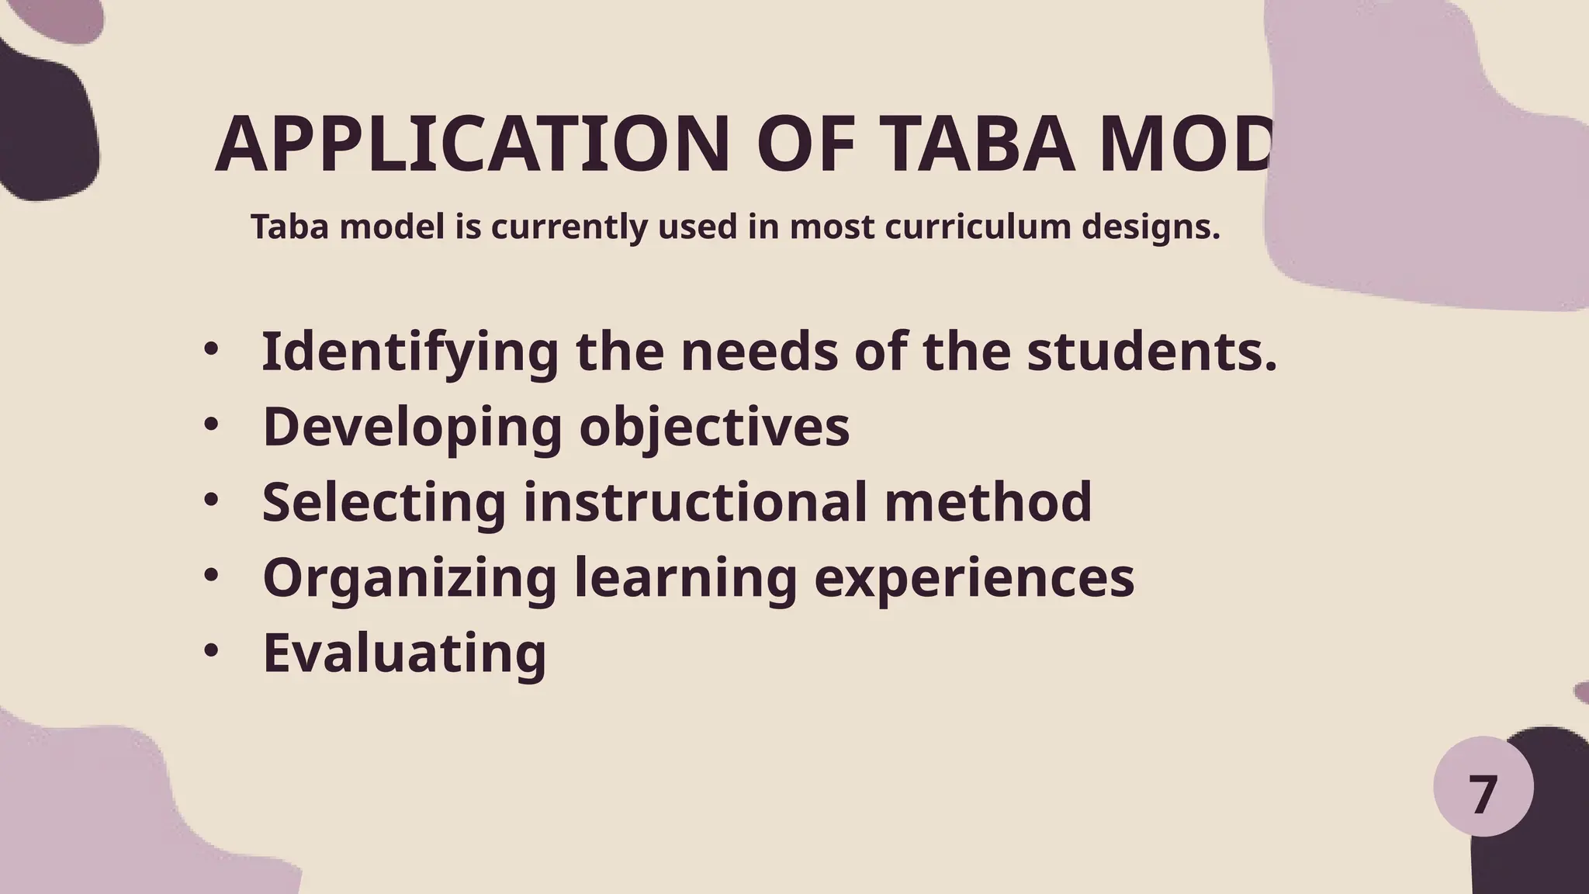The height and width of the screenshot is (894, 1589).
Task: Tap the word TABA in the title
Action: coord(979,145)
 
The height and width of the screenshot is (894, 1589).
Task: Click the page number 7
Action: coord(1483,796)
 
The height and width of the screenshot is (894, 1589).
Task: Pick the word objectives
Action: coord(715,428)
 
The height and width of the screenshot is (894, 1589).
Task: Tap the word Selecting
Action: coord(384,502)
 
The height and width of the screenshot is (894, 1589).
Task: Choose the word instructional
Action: coord(695,502)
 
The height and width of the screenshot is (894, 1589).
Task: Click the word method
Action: coord(988,502)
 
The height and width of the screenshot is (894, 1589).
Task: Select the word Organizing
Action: coord(410,578)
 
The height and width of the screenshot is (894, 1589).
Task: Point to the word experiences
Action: coord(974,578)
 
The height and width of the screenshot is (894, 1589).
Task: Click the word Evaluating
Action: coord(404,653)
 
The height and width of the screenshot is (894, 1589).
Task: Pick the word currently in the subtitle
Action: coord(568,228)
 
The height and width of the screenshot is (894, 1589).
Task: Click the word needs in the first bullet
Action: coord(759,352)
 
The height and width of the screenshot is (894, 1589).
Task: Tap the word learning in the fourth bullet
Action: coord(686,579)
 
